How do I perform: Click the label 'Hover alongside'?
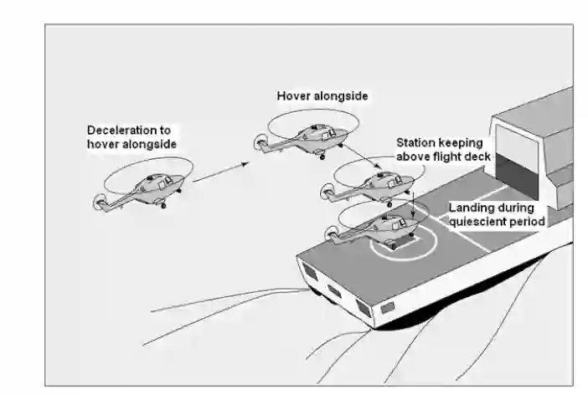point(322,96)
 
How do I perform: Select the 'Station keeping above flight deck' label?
point(443,149)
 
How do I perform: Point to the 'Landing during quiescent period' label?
point(497,214)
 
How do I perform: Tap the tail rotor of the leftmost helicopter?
point(99,202)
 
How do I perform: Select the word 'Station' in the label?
point(415,142)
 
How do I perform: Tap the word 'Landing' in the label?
point(469,208)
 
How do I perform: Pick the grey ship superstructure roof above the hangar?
point(536,109)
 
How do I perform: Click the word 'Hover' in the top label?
point(293,96)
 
